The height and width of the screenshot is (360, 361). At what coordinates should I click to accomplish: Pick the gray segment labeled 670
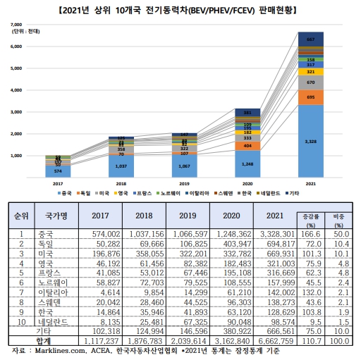[310, 82]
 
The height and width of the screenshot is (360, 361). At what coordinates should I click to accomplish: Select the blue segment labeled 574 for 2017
[58, 171]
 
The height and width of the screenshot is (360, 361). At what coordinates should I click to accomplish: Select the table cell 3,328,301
[280, 232]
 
